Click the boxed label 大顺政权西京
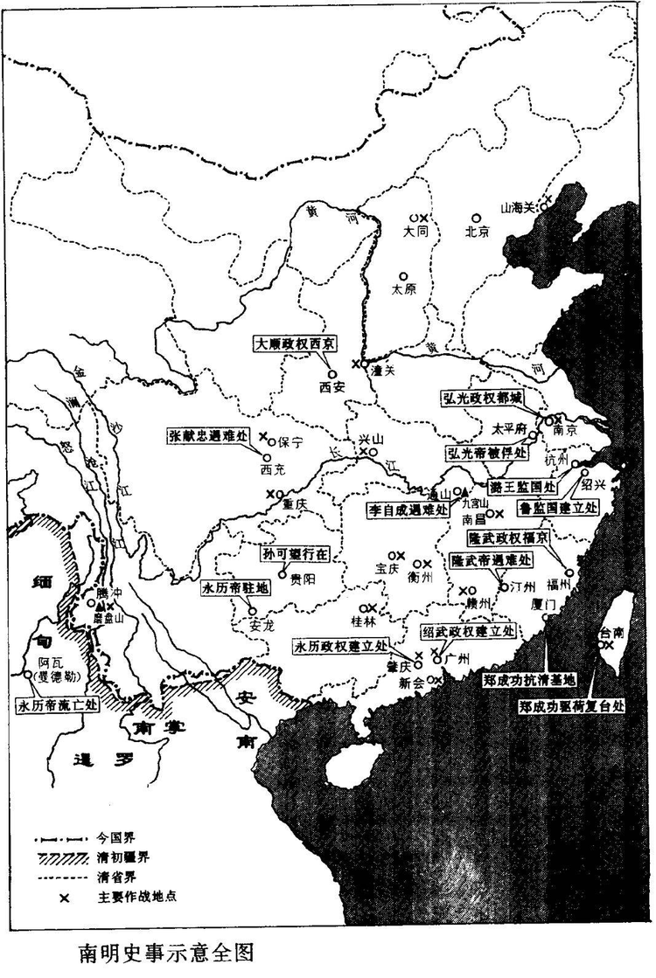[x=302, y=343]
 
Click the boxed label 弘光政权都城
[x=483, y=396]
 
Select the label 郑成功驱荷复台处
[x=576, y=706]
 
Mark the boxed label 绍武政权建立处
[x=468, y=631]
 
